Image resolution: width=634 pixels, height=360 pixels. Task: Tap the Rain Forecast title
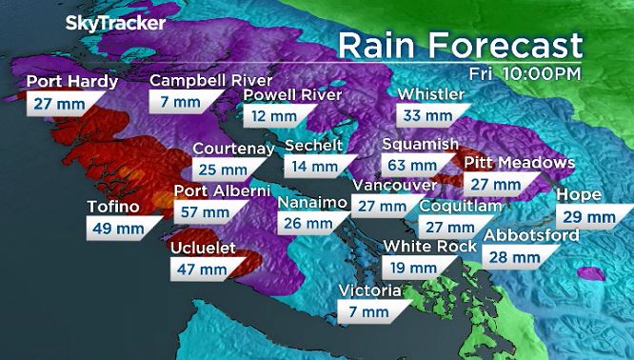click(x=461, y=44)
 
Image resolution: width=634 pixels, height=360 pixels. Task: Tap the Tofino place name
click(x=113, y=206)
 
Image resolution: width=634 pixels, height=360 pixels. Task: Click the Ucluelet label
click(x=205, y=248)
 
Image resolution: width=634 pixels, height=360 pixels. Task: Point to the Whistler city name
click(x=430, y=95)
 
